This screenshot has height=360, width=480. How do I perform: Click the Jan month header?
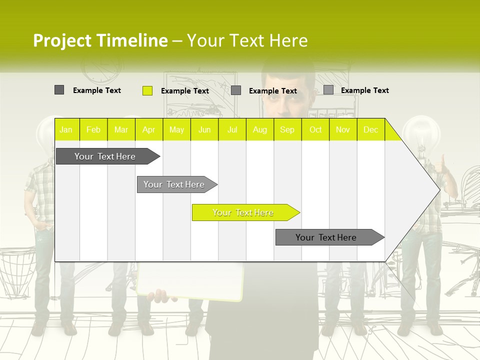click(x=66, y=130)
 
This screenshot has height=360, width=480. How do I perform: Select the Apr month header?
click(x=148, y=130)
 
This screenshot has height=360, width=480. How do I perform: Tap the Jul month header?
click(x=232, y=130)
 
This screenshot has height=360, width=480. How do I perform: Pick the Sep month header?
click(x=287, y=130)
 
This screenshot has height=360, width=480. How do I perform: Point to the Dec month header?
click(x=370, y=130)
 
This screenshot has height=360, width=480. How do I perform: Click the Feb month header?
click(x=93, y=130)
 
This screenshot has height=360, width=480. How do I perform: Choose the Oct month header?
click(x=315, y=130)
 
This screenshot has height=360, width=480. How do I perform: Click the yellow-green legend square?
click(x=147, y=90)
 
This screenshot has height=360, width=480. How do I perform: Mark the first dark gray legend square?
click(x=59, y=90)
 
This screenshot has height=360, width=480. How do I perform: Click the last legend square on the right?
click(x=328, y=90)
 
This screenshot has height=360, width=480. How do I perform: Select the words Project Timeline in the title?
click(x=100, y=40)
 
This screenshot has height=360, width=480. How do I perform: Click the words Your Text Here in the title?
click(x=247, y=40)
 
